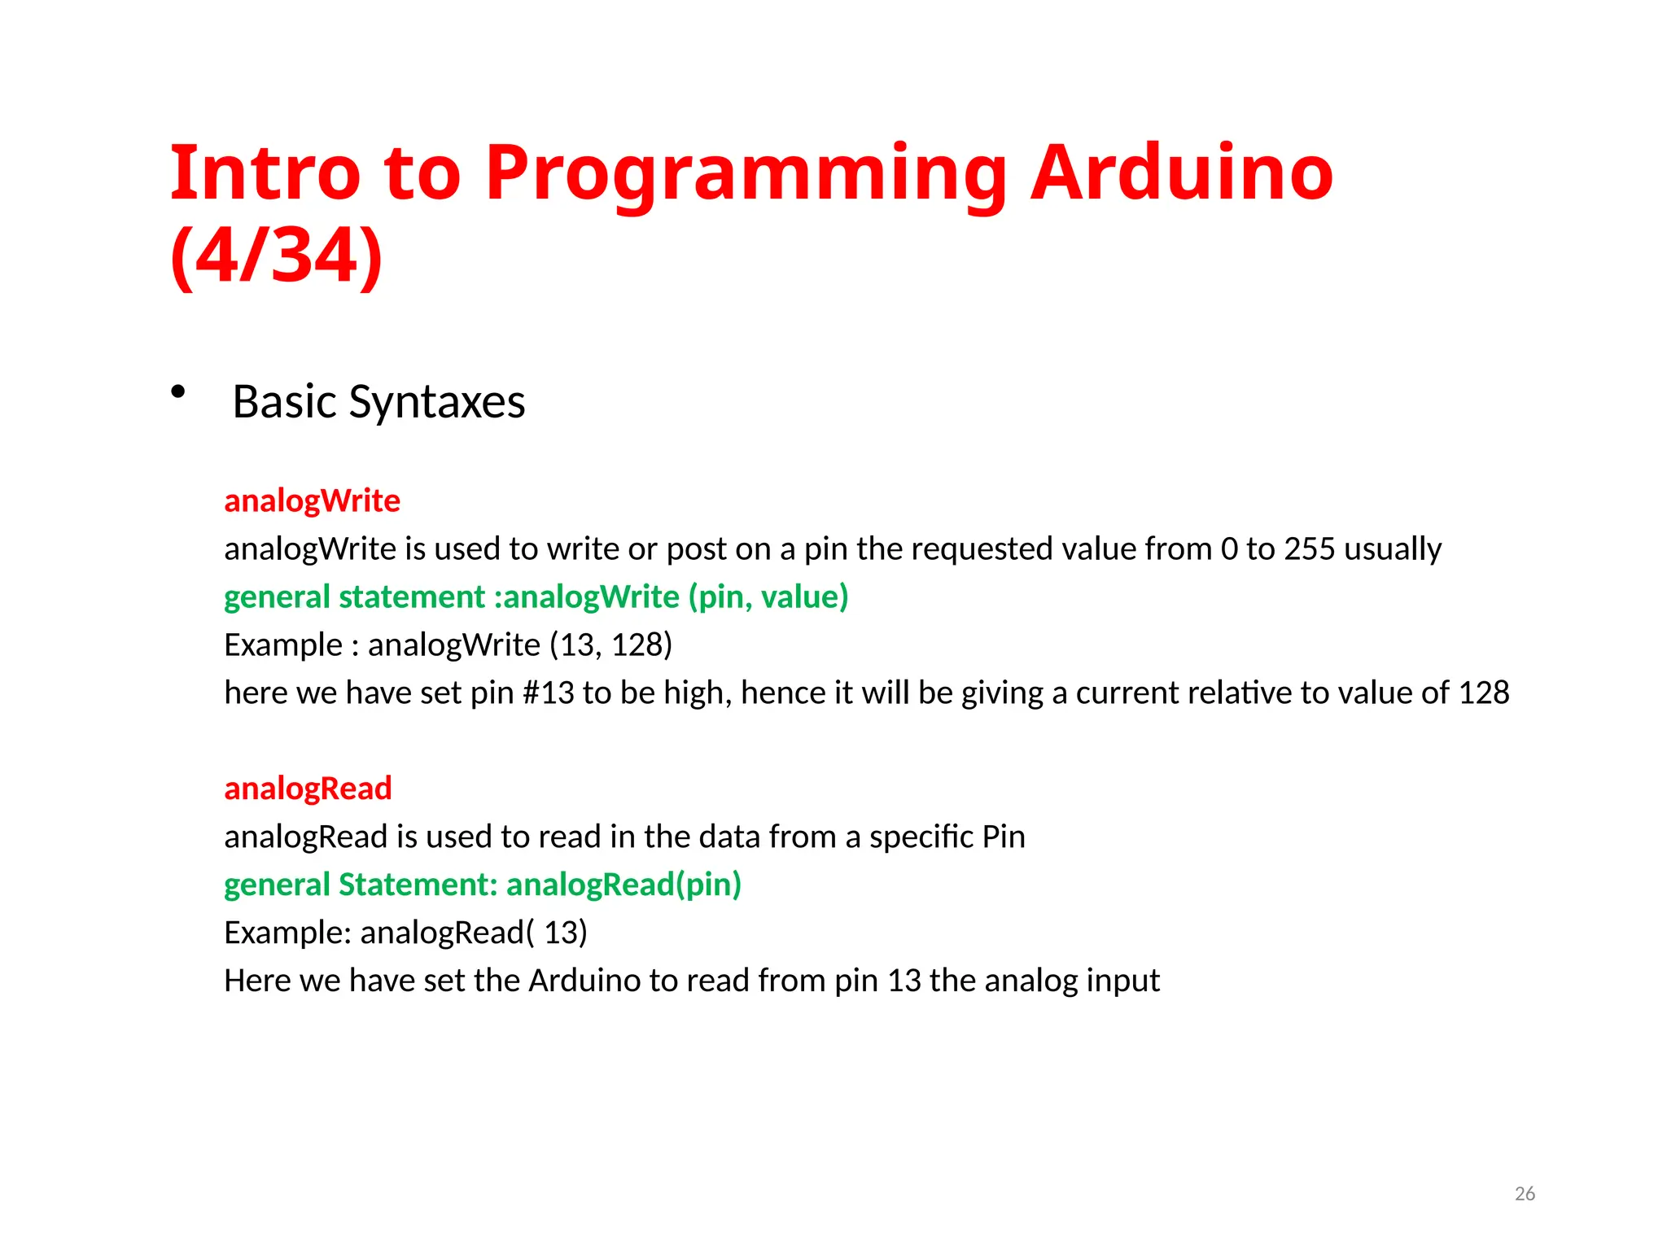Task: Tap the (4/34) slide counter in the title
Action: tap(277, 256)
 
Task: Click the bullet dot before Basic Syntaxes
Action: tap(178, 393)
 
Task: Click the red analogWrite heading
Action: tap(312, 500)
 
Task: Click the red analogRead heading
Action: tap(308, 788)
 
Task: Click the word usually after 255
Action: tap(1393, 549)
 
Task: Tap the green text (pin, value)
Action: tap(768, 597)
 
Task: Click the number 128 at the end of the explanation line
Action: tap(1483, 693)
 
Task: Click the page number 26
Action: tap(1524, 1194)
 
